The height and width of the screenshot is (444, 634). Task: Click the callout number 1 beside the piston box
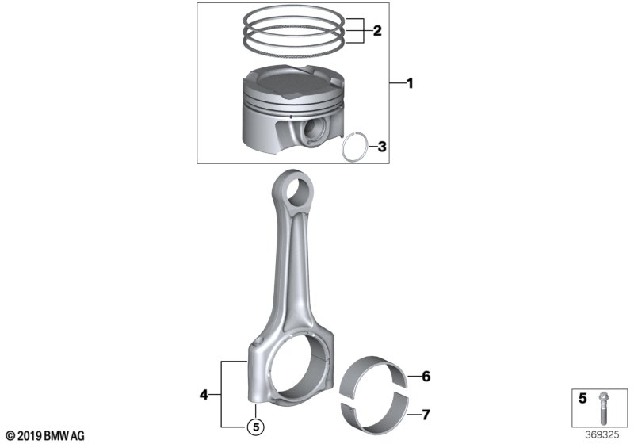[410, 84]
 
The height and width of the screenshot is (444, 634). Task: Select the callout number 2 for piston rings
[377, 31]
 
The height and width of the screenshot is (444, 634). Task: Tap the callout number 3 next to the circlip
[382, 147]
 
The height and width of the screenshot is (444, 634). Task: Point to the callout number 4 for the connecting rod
[204, 394]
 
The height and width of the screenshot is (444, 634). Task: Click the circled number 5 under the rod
[256, 426]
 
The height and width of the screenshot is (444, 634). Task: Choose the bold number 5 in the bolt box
[582, 398]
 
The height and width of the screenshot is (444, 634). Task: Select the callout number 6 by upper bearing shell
[426, 377]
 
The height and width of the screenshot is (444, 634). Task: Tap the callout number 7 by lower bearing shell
[426, 415]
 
